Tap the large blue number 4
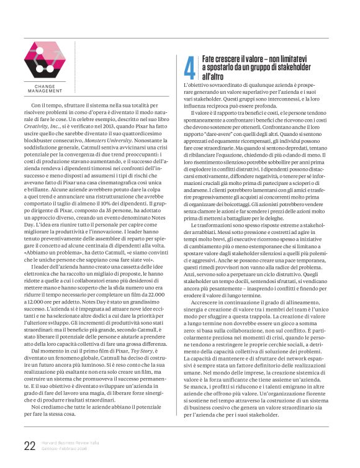click(189, 66)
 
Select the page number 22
click(29, 444)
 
